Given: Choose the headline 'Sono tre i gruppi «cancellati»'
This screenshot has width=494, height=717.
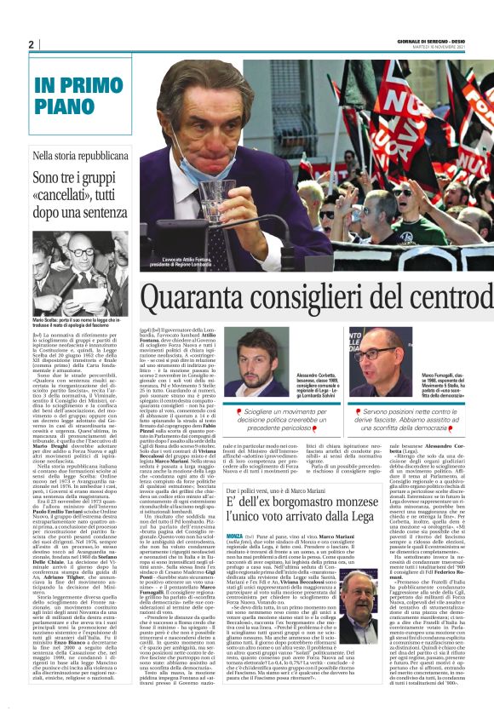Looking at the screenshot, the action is pyautogui.click(x=80, y=187).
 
